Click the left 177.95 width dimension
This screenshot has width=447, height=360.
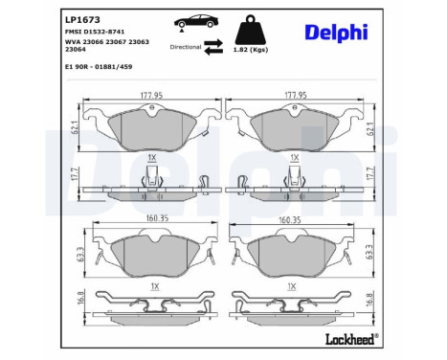click(x=144, y=96)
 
